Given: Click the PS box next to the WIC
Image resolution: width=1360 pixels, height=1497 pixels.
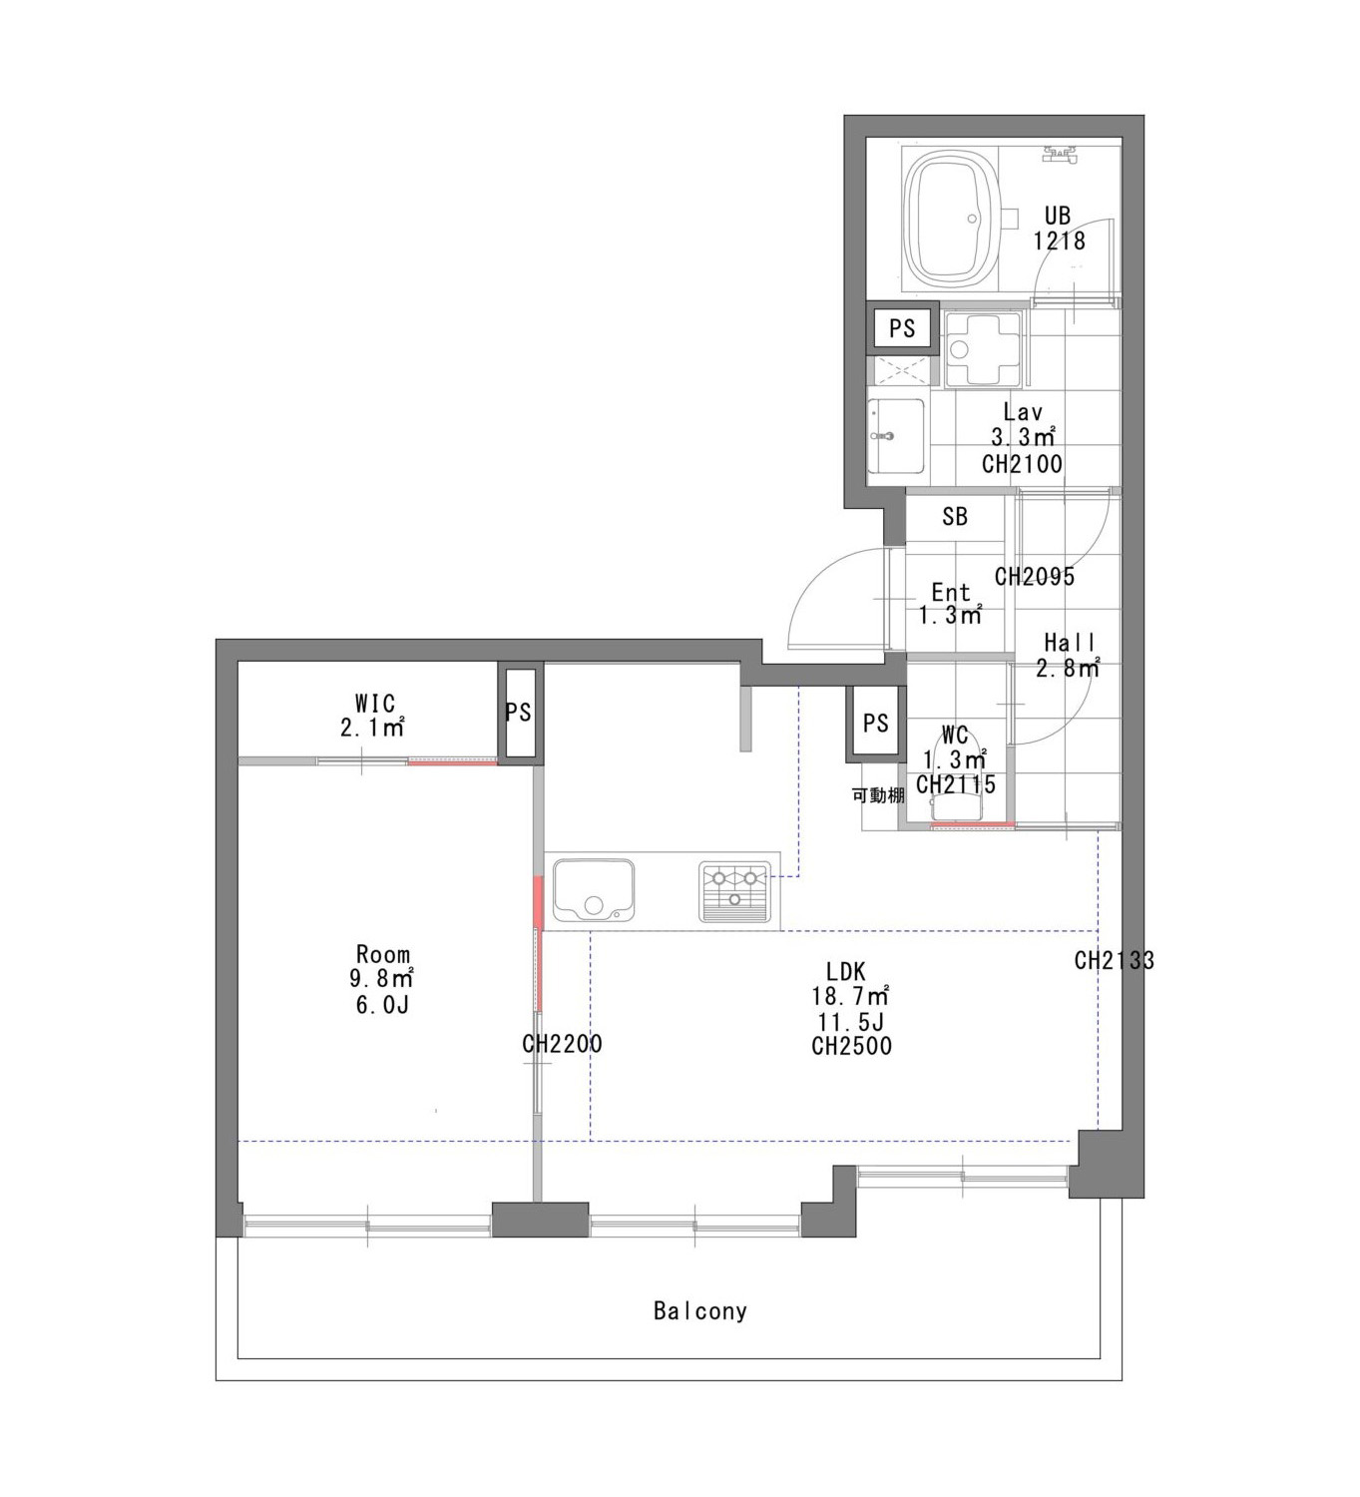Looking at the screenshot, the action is click(520, 713).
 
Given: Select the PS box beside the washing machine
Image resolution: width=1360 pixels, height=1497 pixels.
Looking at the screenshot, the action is click(902, 327).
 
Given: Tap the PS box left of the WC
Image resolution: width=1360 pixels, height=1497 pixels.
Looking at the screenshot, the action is click(875, 723).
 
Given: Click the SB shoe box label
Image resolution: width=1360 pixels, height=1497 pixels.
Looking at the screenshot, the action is click(955, 516).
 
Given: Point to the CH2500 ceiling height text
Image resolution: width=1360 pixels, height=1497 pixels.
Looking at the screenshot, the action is click(852, 1046).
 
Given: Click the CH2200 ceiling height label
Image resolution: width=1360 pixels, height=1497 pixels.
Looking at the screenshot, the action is click(562, 1043).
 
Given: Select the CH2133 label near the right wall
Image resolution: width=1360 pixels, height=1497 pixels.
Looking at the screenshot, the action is click(1114, 960).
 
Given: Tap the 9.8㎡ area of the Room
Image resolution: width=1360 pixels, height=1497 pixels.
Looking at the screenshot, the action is click(382, 978).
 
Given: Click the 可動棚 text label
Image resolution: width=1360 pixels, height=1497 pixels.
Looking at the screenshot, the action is click(878, 795).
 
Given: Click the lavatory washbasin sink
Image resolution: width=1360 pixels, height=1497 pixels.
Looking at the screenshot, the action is click(896, 436).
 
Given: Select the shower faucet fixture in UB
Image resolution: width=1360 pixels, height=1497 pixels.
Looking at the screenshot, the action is click(1060, 155).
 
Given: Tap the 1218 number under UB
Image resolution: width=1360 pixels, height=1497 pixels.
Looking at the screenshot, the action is click(1060, 242).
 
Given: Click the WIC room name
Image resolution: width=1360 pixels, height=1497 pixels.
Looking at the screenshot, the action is click(375, 703).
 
